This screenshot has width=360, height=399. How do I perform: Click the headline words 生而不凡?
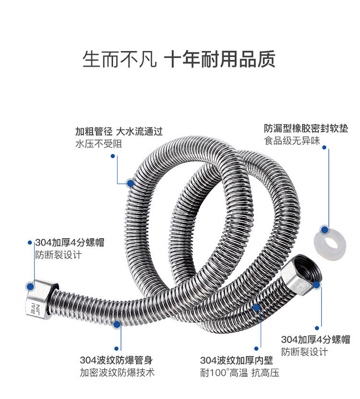[120, 59]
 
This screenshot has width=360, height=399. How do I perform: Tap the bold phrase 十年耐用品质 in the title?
[220, 59]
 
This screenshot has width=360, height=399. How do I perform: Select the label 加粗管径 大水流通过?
[119, 130]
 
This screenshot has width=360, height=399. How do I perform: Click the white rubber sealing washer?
[330, 242]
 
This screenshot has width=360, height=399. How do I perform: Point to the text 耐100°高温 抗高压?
[240, 373]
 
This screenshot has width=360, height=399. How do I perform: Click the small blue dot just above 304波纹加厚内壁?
[256, 349]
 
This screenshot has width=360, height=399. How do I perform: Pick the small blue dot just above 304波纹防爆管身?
[117, 349]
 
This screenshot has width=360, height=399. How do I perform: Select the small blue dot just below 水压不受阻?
[113, 155]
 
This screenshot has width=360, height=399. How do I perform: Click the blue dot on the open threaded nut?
[317, 285]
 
